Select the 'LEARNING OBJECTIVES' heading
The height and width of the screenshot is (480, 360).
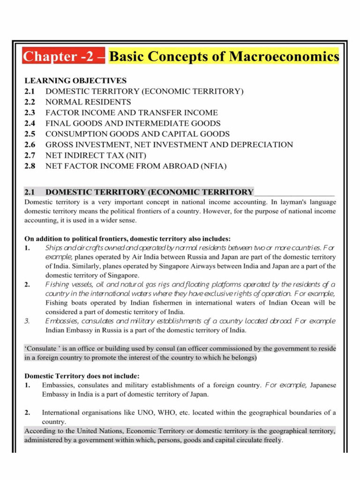pyautogui.click(x=75, y=81)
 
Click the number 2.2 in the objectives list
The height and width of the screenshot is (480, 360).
pyautogui.click(x=30, y=102)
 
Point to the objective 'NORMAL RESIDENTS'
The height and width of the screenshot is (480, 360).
pyautogui.click(x=88, y=102)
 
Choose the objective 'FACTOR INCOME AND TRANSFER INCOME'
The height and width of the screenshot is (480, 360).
pyautogui.click(x=132, y=112)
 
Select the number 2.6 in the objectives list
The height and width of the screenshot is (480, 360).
pyautogui.click(x=30, y=144)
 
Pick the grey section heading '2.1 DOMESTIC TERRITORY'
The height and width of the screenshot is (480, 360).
pyautogui.click(x=139, y=192)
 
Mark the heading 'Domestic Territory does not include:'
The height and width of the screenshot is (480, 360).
pyautogui.click(x=82, y=376)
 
